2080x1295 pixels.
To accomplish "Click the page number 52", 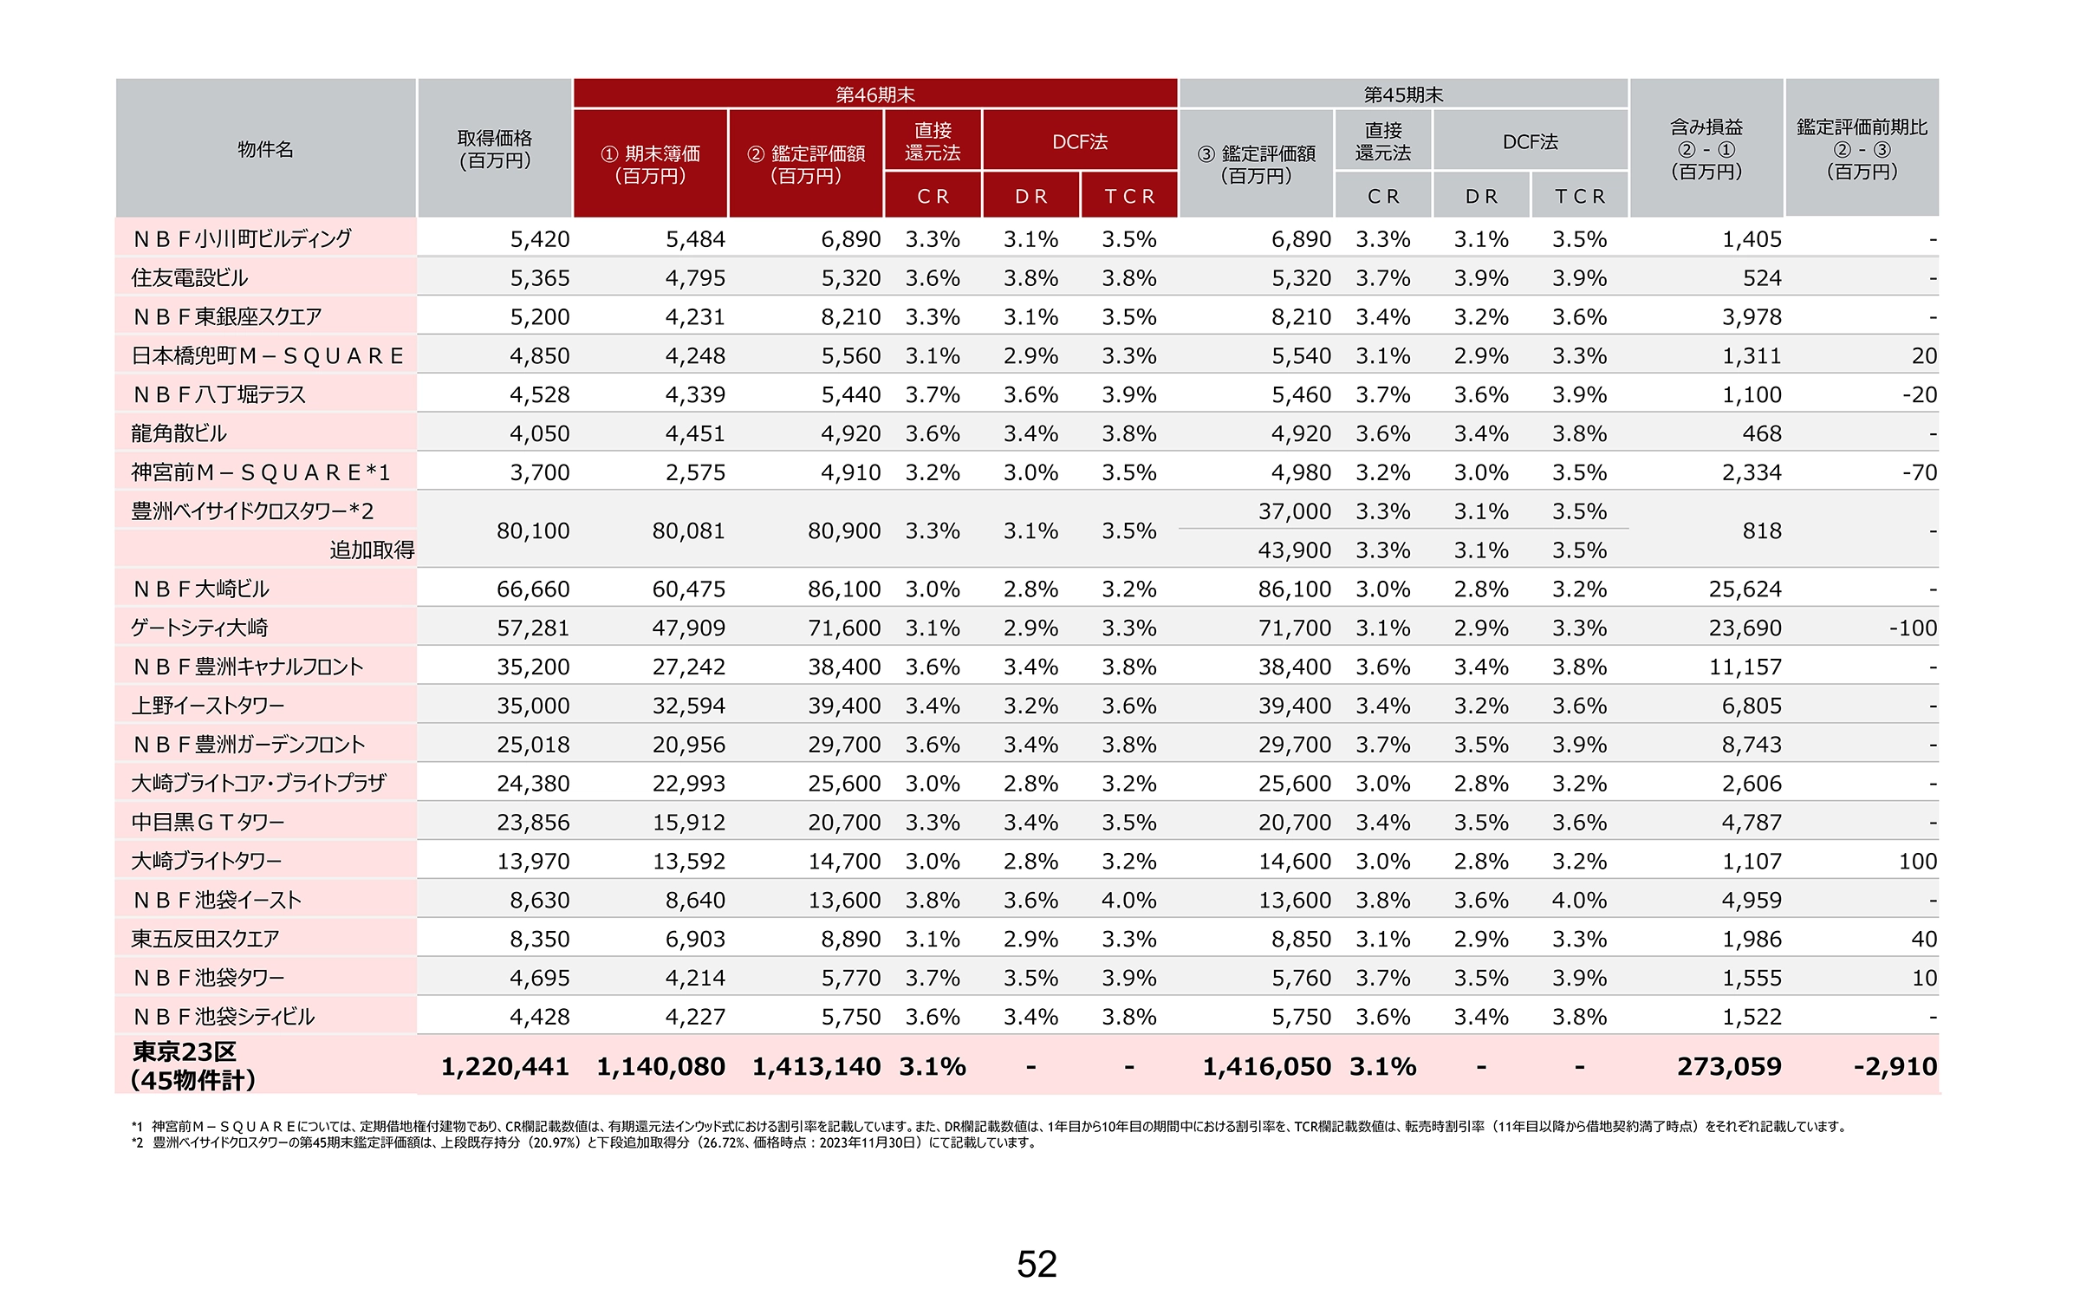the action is click(1037, 1264).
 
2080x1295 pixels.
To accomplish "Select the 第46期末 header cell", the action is click(875, 94).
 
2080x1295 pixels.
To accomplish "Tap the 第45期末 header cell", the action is click(1403, 94).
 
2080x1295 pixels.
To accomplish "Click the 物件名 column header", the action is click(265, 148).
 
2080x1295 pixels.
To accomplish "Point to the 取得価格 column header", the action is click(495, 148).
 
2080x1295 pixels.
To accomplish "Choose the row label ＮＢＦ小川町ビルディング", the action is click(242, 238).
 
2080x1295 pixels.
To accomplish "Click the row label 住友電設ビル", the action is click(189, 277).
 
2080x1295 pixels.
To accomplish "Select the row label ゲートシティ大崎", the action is click(199, 628).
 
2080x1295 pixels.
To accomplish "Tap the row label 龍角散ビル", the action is click(179, 433).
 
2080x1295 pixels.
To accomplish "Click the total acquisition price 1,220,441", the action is click(505, 1066).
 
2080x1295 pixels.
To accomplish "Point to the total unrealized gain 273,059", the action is click(1729, 1066).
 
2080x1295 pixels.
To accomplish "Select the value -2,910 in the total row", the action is click(1895, 1066).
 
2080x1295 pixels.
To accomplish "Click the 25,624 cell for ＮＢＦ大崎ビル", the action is click(1745, 589).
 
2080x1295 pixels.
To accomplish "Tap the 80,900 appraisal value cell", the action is click(844, 530).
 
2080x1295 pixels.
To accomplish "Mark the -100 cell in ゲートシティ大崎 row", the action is click(1914, 628).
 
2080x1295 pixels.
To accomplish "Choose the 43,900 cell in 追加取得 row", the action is click(1295, 550).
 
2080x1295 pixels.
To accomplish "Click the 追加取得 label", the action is click(372, 550).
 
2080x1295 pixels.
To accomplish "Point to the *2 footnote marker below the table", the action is click(137, 1142).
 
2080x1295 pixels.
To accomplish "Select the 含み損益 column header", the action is click(1706, 127).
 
